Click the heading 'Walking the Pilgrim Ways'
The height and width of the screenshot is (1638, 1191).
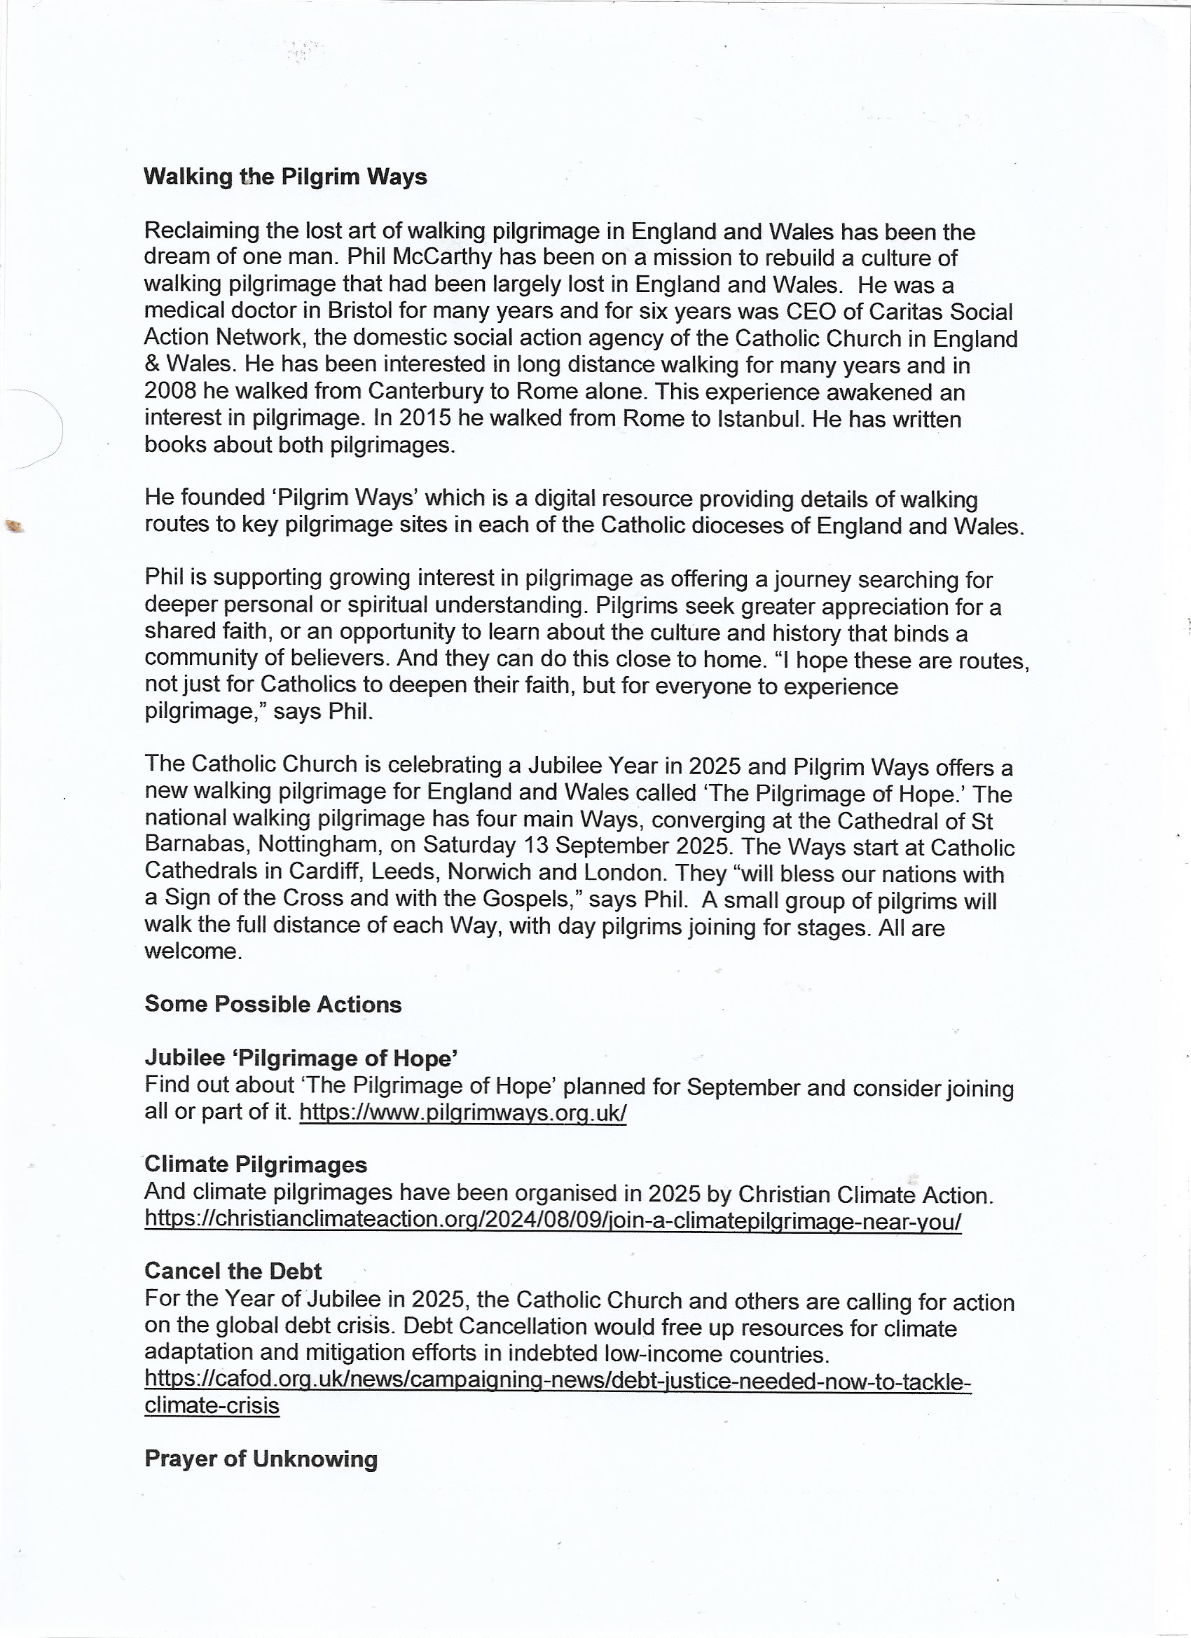(x=285, y=177)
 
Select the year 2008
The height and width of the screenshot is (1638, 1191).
(x=170, y=392)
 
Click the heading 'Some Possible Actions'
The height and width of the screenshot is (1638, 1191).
(x=273, y=1005)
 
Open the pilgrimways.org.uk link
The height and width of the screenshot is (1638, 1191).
(x=462, y=1113)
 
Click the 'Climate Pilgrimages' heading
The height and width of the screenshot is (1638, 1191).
(x=256, y=1164)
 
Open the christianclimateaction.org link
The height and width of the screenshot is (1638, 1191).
(x=553, y=1220)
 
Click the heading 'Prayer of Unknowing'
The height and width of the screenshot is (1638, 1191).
(x=261, y=1459)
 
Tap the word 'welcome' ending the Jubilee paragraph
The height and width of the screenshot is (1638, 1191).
(x=191, y=952)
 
